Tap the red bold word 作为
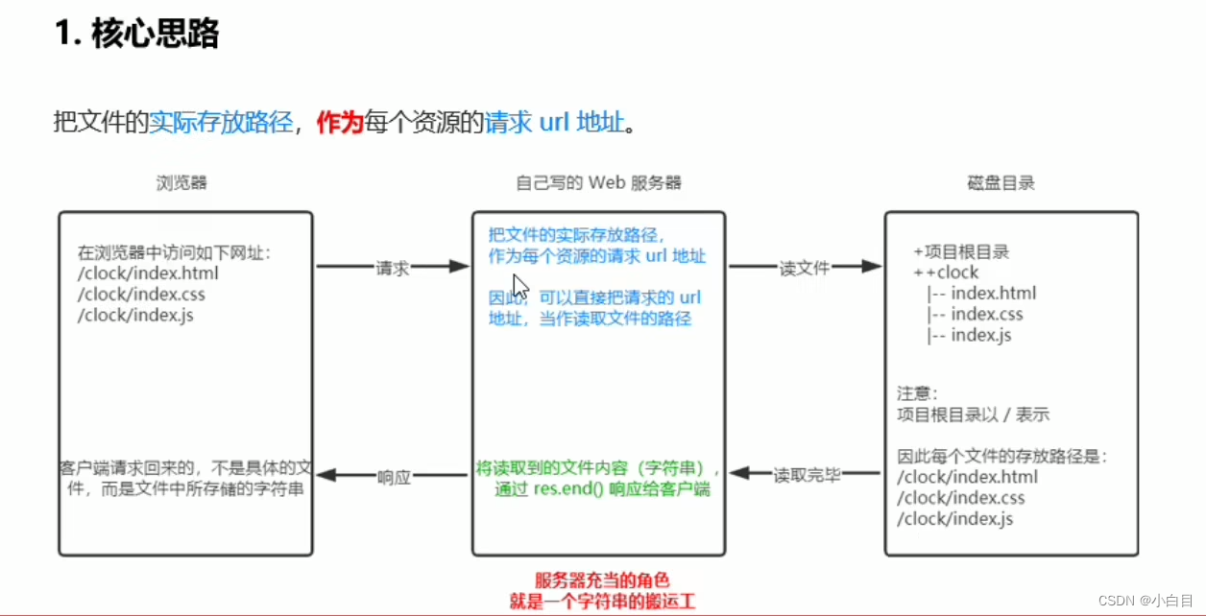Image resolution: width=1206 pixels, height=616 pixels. click(340, 124)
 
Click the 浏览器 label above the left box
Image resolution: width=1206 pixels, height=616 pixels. click(182, 182)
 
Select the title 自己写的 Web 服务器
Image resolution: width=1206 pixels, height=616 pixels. click(598, 182)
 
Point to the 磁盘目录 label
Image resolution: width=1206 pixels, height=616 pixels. click(1001, 182)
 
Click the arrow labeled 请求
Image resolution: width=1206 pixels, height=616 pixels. click(392, 268)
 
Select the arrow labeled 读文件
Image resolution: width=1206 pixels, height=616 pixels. click(805, 268)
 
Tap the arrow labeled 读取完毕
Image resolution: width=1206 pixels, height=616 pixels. click(806, 473)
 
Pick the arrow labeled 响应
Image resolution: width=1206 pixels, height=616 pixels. click(393, 475)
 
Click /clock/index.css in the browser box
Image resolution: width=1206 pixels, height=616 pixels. click(141, 294)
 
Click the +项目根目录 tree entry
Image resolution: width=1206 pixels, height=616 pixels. click(961, 251)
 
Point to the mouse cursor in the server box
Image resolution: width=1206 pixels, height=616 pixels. click(519, 286)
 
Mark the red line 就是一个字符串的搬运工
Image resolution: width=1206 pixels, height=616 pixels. click(601, 602)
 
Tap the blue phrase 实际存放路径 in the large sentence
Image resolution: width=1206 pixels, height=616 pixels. click(221, 124)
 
